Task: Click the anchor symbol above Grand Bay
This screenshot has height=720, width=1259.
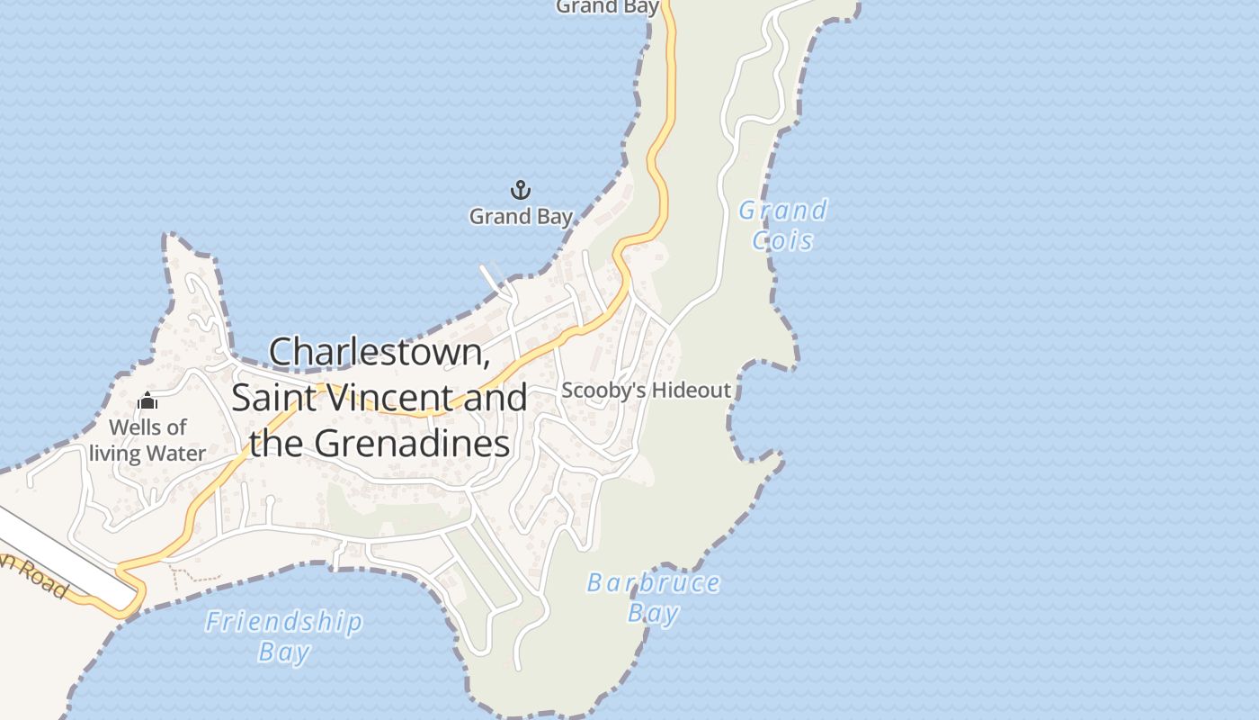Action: [x=521, y=190]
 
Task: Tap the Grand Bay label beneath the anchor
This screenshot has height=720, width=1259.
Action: [x=521, y=217]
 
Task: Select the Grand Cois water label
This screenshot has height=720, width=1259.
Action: [x=782, y=225]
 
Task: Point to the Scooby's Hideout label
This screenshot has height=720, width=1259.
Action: [x=646, y=391]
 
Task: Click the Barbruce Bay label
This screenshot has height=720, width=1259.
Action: [x=654, y=598]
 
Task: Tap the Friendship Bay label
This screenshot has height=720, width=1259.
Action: [x=284, y=636]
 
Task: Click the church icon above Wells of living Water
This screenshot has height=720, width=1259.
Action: [x=147, y=401]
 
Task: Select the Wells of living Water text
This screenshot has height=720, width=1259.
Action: [x=147, y=440]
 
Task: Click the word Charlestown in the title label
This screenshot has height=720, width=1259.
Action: [x=379, y=352]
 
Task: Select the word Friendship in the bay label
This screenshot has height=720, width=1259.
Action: [x=284, y=622]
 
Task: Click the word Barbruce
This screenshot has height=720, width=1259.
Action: [x=654, y=583]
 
